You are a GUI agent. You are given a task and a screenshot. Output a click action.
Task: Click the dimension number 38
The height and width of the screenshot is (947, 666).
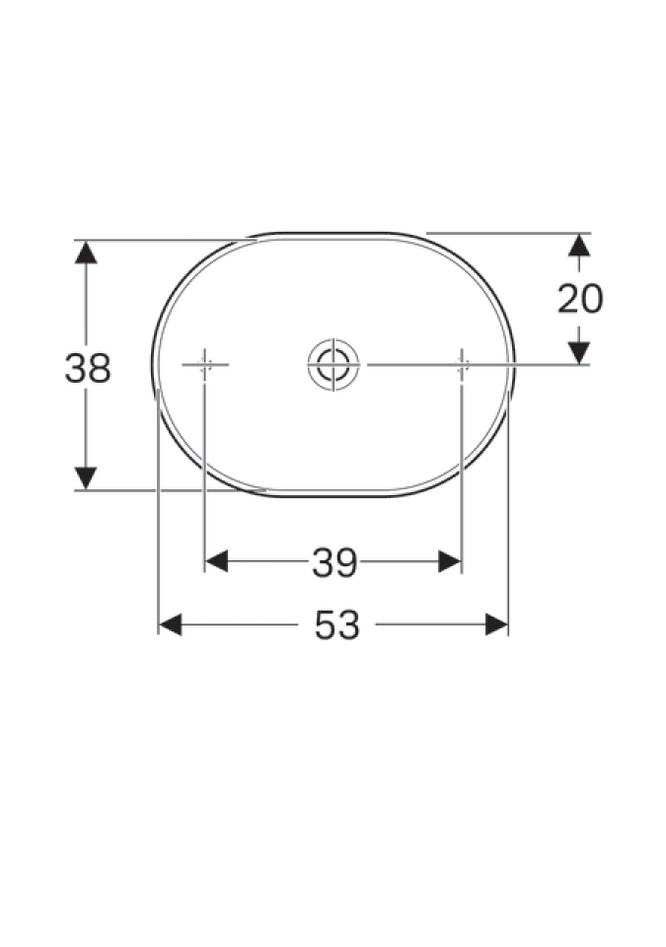point(88,368)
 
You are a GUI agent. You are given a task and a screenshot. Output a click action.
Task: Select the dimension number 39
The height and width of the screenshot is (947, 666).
point(334,563)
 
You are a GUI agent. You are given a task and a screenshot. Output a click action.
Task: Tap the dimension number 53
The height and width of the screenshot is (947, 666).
point(336,625)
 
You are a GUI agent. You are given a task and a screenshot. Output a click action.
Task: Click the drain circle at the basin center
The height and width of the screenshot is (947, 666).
point(333,365)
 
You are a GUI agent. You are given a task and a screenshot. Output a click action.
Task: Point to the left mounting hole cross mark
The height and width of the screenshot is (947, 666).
point(205,365)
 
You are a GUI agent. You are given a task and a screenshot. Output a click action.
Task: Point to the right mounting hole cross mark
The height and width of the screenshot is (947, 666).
point(462,365)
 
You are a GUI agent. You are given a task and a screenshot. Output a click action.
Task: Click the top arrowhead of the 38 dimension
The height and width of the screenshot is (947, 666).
point(86,252)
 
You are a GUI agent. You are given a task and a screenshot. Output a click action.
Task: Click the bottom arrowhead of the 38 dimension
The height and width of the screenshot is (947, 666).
point(86,478)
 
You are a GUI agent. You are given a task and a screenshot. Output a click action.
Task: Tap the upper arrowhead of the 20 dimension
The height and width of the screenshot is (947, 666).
point(579,245)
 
